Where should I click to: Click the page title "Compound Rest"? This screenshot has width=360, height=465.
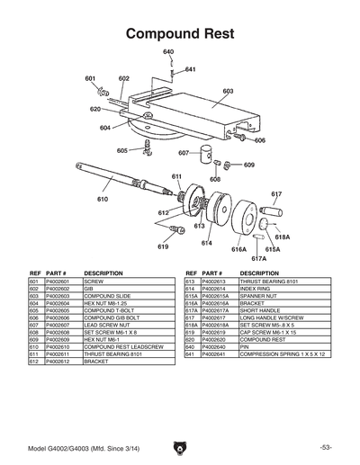[x=180, y=33]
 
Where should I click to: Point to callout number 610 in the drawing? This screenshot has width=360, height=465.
[x=103, y=199]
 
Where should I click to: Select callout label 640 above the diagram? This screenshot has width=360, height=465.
[x=168, y=52]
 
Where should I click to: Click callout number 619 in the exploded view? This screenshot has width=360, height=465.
[x=163, y=246]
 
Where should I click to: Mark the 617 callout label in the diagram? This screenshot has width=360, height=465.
[x=276, y=194]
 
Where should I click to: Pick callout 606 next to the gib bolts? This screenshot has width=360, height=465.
[x=260, y=140]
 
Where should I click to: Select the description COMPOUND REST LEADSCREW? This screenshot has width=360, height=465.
[x=121, y=346]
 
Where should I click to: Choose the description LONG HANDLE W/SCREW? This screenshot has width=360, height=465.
[x=272, y=317]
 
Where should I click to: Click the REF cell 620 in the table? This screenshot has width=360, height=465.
[x=191, y=339]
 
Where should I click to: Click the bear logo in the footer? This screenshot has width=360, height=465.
[x=180, y=446]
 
